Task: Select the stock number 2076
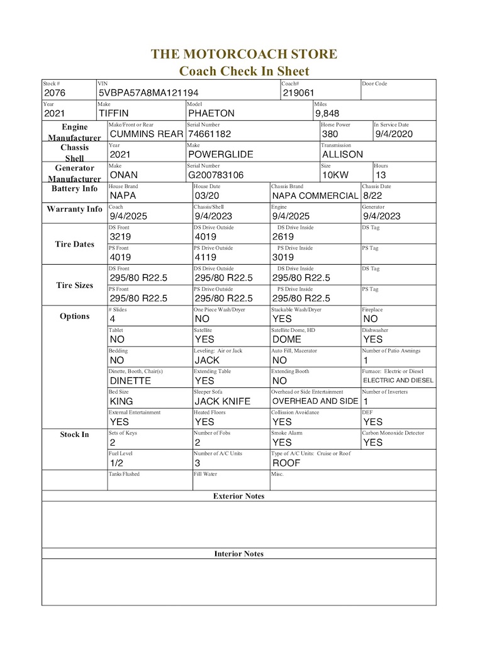point(55,93)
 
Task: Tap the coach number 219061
point(298,93)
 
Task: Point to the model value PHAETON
point(211,114)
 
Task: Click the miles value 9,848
point(327,114)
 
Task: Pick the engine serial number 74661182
point(210,134)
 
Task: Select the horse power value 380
point(330,134)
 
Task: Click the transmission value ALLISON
point(342,154)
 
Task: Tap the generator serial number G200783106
point(216,175)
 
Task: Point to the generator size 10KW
point(335,175)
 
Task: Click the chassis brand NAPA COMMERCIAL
point(315,196)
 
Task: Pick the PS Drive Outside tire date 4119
point(206,257)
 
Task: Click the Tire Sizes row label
point(74,285)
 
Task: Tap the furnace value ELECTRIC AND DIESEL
point(398,380)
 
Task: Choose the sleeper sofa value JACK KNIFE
point(222,401)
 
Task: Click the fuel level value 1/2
point(116,463)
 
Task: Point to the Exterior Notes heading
point(238,496)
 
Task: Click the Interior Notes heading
point(238,554)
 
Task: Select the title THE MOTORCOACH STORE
point(244,54)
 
